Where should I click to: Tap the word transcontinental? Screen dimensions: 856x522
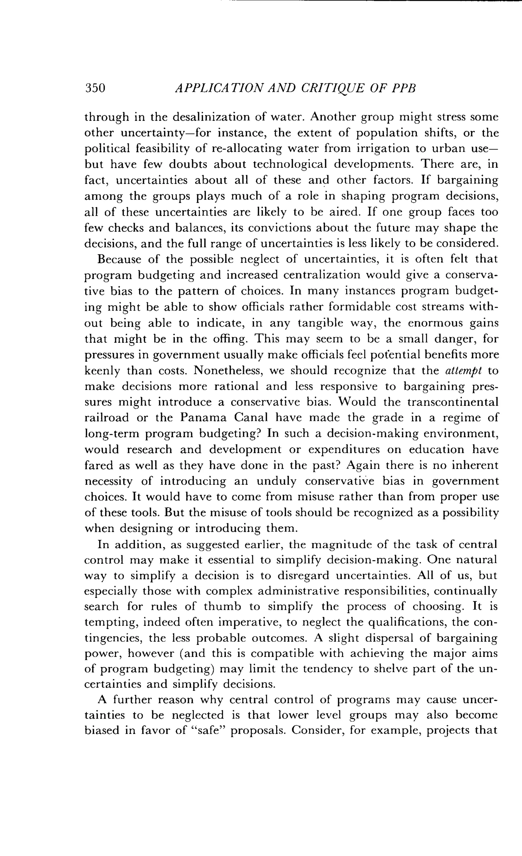coord(452,402)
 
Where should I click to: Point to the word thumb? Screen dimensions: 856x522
coord(223,607)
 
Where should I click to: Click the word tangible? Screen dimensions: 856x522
coord(329,323)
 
